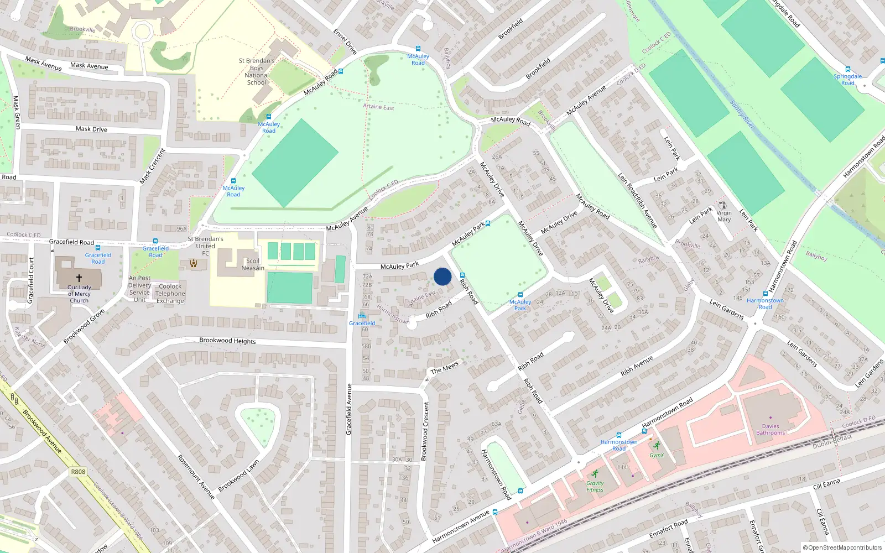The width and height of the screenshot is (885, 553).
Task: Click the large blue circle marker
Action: point(442,276)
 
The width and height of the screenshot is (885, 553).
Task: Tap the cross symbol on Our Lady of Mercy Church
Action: point(79,278)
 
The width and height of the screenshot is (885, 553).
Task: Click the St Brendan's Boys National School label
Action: point(257,72)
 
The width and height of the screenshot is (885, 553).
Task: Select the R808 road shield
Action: point(78,472)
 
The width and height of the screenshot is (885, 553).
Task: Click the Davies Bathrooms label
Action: point(770,430)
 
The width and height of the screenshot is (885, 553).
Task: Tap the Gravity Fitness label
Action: point(595,486)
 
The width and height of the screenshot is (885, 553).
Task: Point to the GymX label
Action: point(657,455)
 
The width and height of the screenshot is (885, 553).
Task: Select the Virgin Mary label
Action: point(724,216)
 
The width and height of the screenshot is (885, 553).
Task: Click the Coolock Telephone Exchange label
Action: point(170,294)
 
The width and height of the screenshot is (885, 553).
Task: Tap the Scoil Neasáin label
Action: point(253,264)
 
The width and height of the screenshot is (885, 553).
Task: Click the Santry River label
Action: point(742,114)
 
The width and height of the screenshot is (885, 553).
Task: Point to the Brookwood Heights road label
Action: point(227,341)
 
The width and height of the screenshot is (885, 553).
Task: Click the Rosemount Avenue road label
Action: point(196,477)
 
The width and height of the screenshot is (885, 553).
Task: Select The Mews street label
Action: point(445,367)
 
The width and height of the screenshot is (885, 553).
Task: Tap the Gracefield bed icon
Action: point(362,316)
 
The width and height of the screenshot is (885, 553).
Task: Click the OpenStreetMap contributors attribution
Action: point(845,547)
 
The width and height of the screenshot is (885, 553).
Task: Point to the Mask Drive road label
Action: point(91,129)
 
